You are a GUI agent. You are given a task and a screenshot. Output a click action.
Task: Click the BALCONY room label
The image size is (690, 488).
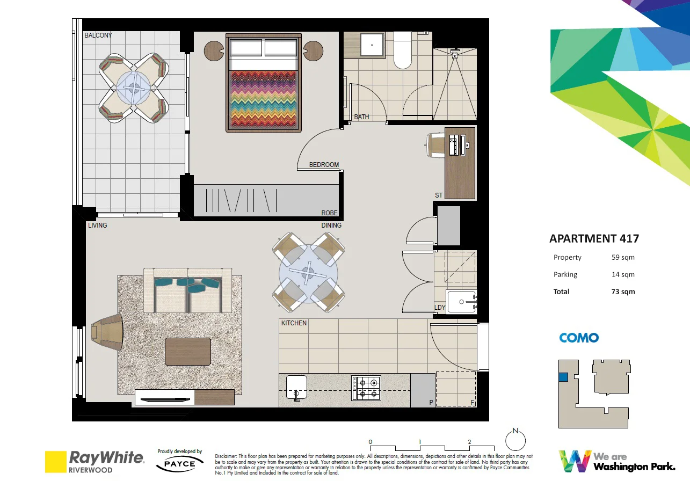[x=98, y=35]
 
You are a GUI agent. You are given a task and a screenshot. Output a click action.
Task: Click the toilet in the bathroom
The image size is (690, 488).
[x=403, y=52]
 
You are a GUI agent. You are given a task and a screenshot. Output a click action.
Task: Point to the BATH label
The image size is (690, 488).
[x=361, y=116]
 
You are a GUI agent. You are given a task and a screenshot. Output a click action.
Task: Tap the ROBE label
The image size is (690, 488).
[x=329, y=213]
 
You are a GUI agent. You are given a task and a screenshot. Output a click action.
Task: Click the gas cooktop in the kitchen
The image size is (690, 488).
[x=366, y=388]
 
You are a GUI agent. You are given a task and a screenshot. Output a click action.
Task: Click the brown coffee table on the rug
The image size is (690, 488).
[x=187, y=352]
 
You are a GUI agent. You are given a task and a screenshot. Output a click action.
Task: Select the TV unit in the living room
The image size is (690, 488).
[x=184, y=397]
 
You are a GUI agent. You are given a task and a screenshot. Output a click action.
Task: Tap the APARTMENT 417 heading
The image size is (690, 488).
[x=594, y=238]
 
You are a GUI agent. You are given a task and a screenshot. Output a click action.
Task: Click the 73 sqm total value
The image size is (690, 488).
[x=623, y=292]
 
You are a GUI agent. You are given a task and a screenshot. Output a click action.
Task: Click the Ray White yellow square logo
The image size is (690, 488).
[x=55, y=461]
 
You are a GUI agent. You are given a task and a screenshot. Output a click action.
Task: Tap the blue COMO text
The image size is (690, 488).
[x=578, y=338]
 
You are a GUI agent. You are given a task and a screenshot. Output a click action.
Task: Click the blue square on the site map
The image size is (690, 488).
[x=563, y=377]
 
